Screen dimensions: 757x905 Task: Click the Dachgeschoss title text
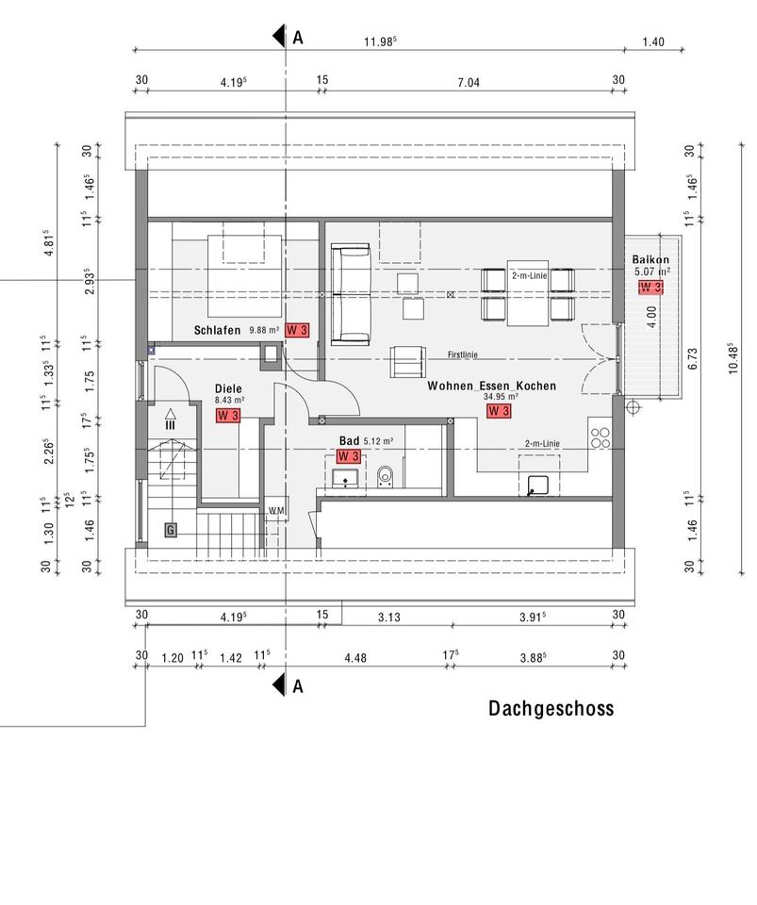click(x=551, y=708)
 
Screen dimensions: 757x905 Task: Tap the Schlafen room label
click(x=217, y=330)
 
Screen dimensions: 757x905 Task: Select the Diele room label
click(x=228, y=388)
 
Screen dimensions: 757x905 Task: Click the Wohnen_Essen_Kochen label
click(x=491, y=386)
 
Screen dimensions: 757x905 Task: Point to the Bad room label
click(x=349, y=441)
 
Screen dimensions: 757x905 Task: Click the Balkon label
click(x=650, y=260)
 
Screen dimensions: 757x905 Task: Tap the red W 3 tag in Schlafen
click(x=297, y=330)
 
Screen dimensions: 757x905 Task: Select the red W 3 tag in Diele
click(x=228, y=415)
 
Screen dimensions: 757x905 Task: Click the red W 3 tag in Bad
click(x=349, y=456)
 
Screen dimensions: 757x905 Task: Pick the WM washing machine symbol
click(x=276, y=510)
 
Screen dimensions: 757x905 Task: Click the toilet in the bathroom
click(x=385, y=477)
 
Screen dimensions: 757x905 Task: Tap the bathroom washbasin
click(x=345, y=479)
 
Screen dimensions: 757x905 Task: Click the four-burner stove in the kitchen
click(x=601, y=438)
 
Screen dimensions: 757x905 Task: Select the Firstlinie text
click(x=463, y=354)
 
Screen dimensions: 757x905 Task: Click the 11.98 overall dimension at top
click(x=380, y=41)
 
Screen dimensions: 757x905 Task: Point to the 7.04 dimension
click(x=469, y=83)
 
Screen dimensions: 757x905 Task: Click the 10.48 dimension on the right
click(x=733, y=358)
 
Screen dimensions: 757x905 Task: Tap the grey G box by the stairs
click(x=171, y=530)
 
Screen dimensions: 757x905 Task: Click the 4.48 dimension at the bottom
click(x=355, y=657)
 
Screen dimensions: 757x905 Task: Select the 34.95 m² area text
click(x=501, y=397)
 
